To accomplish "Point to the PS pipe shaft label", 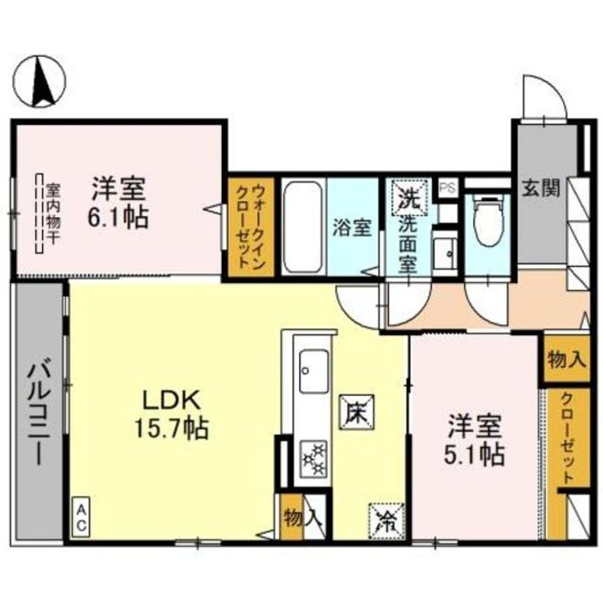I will (x=447, y=188).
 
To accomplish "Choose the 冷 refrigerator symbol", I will (x=384, y=517).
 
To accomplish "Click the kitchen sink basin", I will (x=312, y=366).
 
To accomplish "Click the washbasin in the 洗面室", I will (x=446, y=249).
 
